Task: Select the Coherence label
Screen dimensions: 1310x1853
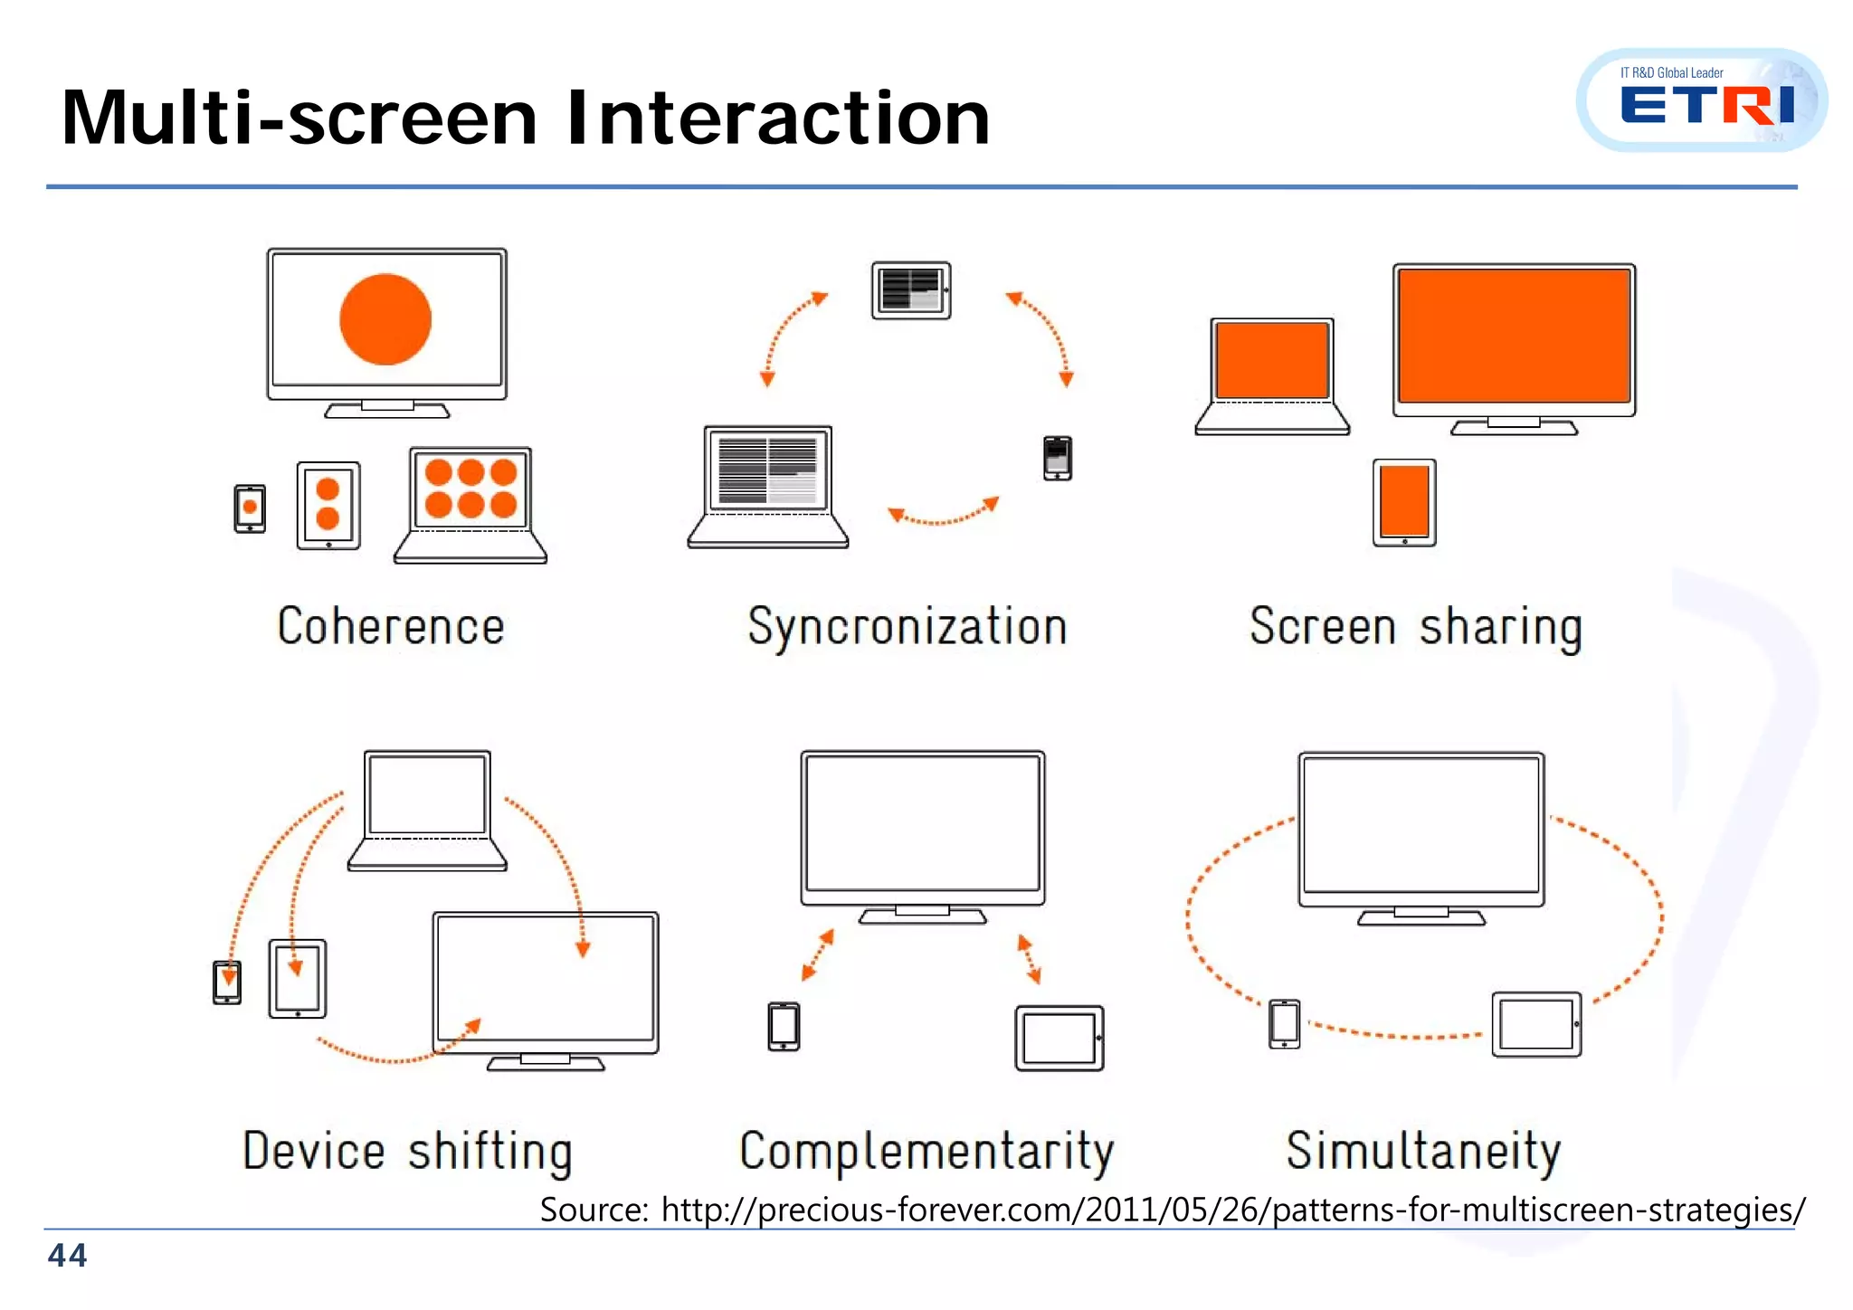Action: coord(390,626)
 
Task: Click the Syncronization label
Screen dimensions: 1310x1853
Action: coord(907,627)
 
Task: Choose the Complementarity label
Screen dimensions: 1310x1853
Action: coord(926,1152)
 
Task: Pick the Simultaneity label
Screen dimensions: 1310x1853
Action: coord(1423,1151)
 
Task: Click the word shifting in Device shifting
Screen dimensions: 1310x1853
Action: coord(489,1152)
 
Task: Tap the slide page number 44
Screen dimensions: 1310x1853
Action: coord(67,1256)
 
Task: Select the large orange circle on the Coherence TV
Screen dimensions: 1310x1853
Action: coord(385,319)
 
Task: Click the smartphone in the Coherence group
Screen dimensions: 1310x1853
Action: coord(250,508)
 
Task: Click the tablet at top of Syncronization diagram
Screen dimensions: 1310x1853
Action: coord(911,290)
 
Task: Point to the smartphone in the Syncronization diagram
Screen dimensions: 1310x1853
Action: coord(1057,458)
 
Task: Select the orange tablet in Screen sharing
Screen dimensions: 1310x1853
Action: coord(1404,502)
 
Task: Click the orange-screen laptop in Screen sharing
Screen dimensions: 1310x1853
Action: coord(1272,375)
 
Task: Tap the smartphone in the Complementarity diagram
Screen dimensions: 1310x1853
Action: coord(784,1027)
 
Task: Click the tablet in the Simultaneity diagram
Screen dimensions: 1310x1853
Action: coord(1536,1024)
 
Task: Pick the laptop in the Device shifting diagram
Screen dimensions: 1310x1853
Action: coord(427,809)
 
